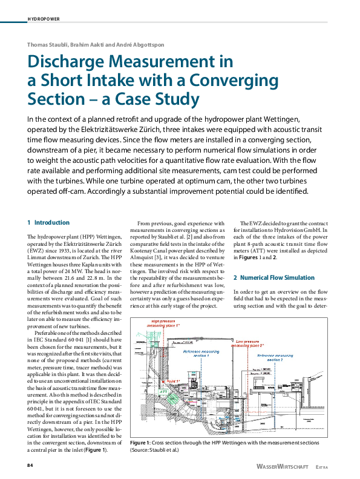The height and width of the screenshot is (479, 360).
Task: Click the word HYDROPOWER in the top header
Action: tap(44, 19)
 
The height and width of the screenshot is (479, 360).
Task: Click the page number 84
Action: tap(30, 465)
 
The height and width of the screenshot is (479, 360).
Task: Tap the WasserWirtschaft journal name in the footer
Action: tap(283, 467)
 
